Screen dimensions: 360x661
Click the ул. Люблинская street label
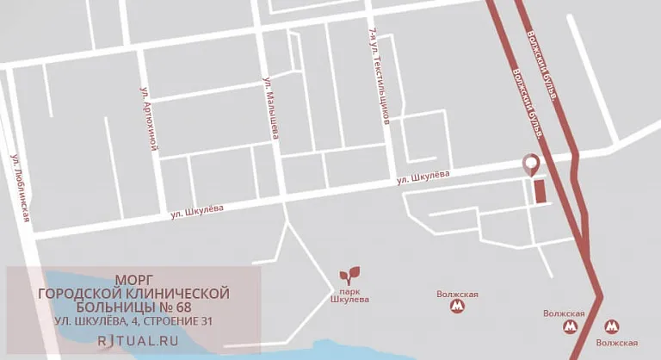tap(21, 189)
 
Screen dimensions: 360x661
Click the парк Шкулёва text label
tap(349, 299)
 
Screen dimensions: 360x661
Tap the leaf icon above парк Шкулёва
tap(349, 276)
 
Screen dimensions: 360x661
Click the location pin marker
tap(531, 164)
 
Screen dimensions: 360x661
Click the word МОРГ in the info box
tap(134, 280)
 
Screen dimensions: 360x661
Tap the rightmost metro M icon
tap(611, 326)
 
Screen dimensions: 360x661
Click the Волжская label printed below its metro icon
tap(617, 343)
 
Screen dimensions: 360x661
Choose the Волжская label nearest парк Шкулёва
tap(457, 294)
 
